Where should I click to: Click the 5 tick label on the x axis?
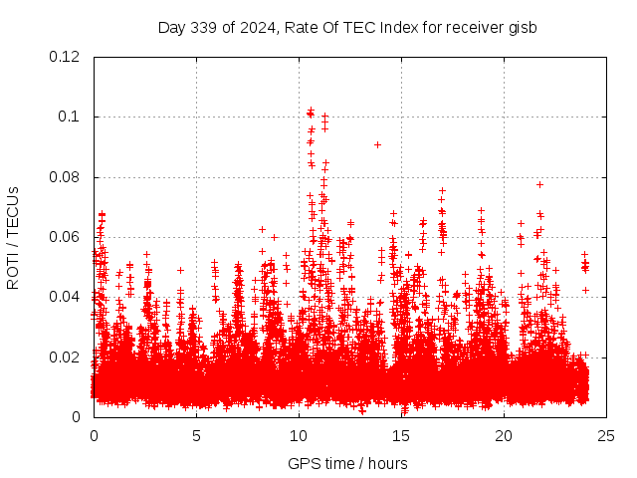point(196,436)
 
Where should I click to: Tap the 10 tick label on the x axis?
point(299,436)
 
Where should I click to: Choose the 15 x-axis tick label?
point(401,436)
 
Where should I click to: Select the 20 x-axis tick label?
point(504,436)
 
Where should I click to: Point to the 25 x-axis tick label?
point(606,436)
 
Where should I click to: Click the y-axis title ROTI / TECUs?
point(14,237)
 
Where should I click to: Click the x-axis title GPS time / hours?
point(347,463)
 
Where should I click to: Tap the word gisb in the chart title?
point(521,27)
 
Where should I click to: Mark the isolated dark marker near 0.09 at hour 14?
point(377,144)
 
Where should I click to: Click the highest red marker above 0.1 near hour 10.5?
point(311,110)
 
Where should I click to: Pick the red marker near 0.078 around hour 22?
point(539,184)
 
